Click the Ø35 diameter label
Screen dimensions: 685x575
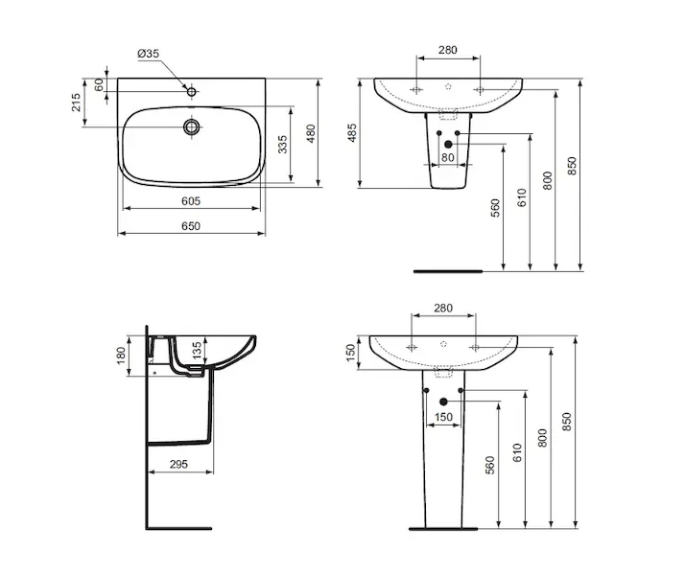point(148,54)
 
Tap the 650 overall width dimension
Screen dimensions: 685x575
point(191,226)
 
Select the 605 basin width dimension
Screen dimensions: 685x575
point(191,201)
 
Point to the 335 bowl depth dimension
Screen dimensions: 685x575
point(283,145)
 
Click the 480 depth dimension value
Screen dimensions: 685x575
point(311,133)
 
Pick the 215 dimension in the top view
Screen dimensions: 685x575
point(76,103)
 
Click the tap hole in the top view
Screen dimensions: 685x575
point(191,92)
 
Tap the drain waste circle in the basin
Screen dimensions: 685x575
point(191,126)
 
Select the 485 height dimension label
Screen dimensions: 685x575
point(352,133)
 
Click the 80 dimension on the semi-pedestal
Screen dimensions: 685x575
point(448,157)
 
